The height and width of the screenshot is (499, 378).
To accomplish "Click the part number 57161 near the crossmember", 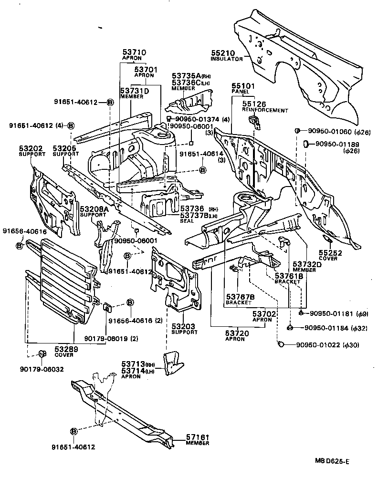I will click(198, 437).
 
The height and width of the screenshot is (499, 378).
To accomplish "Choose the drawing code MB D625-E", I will click(332, 461).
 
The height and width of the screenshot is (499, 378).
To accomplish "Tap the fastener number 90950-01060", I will click(332, 131).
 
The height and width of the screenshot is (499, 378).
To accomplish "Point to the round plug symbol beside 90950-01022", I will click(281, 344).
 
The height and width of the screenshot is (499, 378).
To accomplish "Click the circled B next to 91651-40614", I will click(202, 170).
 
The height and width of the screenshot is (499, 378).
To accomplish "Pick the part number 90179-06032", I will click(42, 369).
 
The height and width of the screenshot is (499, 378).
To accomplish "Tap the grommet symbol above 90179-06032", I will click(42, 353).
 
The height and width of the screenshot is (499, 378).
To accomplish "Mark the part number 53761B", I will click(289, 276).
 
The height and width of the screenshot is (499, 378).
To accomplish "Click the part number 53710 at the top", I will click(134, 52).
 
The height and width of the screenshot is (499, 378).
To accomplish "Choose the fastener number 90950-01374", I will click(193, 119).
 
